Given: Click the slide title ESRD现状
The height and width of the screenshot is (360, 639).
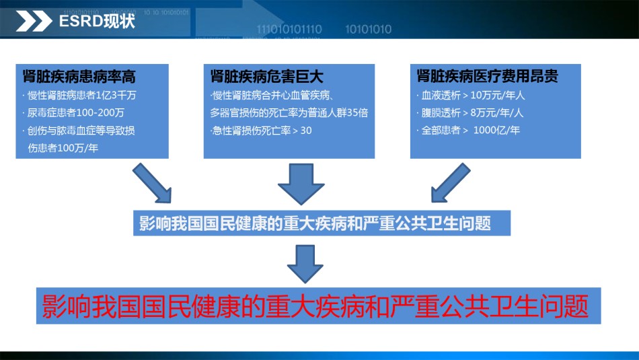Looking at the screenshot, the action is (x=97, y=21).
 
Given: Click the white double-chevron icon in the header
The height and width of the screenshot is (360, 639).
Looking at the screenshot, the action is (x=34, y=22).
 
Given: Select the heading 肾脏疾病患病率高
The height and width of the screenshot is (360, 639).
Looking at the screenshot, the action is (x=79, y=76).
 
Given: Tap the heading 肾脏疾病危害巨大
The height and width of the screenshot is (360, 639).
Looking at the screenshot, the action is (x=267, y=76).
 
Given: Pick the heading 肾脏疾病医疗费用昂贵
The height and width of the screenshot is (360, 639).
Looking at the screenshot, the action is (x=488, y=76).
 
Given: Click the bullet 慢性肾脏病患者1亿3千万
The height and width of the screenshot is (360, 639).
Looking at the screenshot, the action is (x=79, y=96).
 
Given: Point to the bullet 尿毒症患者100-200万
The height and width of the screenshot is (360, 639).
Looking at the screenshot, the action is (x=74, y=112).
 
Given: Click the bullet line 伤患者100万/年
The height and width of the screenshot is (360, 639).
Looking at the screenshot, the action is (x=63, y=147).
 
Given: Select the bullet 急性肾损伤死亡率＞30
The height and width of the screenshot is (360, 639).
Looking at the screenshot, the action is (x=261, y=131).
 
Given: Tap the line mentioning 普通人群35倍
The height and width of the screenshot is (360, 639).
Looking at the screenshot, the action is (x=289, y=112).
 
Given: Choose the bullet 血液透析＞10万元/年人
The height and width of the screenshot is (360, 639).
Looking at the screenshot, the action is (x=471, y=96).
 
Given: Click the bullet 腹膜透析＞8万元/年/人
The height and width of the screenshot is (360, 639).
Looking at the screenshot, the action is (x=470, y=112).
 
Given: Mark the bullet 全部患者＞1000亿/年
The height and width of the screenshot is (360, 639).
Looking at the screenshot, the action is (x=468, y=130).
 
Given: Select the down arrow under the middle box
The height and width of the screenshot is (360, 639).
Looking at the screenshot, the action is (x=301, y=184).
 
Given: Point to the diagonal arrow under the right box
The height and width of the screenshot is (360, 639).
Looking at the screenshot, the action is (x=450, y=183).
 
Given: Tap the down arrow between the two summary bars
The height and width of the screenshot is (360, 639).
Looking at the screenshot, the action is (x=305, y=264).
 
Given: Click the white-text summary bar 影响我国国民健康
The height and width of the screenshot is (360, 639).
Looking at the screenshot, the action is (x=322, y=223).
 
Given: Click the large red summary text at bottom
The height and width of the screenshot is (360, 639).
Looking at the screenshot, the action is (x=315, y=305).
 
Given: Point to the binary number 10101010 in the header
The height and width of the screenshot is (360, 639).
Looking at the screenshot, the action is (x=369, y=30).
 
